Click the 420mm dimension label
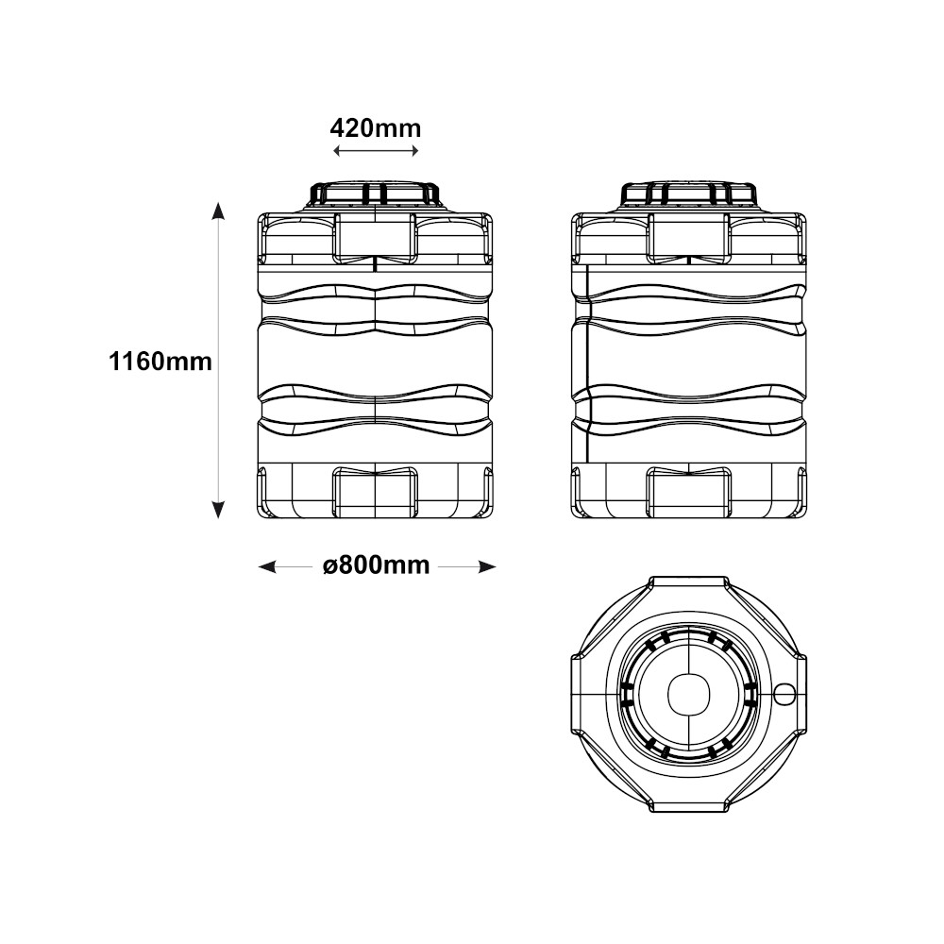pos(376,128)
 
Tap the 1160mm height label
pos(160,362)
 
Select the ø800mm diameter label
pos(377,565)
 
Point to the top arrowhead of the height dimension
pos(218,211)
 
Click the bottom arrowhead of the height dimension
pos(218,510)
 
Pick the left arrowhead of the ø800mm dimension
pos(267,566)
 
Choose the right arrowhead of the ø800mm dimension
pos(486,566)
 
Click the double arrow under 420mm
pos(376,151)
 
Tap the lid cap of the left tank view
pos(375,194)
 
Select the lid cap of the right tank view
pos(688,194)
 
